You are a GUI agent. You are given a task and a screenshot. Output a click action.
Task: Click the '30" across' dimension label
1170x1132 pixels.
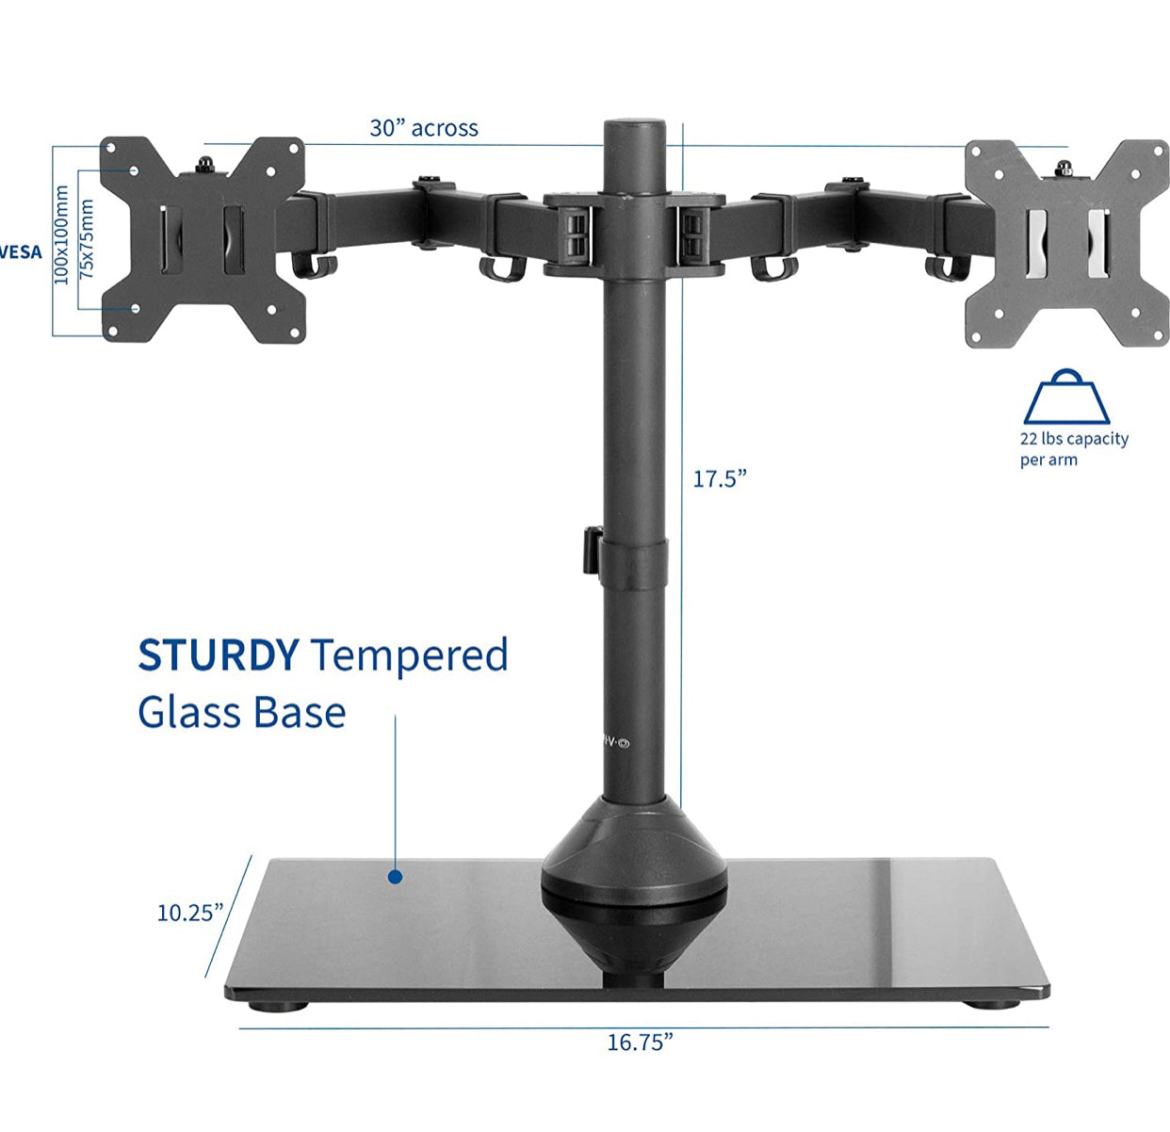tap(424, 128)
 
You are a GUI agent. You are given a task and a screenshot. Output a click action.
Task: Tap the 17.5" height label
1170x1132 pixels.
tap(720, 478)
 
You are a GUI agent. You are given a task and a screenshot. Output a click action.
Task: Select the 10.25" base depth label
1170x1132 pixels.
tap(189, 913)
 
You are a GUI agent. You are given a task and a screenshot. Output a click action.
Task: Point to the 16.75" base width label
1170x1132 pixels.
tap(640, 1043)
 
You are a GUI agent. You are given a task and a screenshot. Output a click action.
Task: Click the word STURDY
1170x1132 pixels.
tap(218, 655)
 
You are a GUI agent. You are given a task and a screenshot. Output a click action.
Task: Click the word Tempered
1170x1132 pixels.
tap(410, 655)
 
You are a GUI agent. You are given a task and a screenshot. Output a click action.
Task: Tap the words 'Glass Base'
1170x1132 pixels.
tap(242, 713)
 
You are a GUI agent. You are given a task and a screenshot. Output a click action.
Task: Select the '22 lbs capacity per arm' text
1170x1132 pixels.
tap(1073, 449)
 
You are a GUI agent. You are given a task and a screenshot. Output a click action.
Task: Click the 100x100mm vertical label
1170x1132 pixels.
tap(62, 234)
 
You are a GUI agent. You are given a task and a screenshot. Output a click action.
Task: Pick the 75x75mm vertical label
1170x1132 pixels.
tap(87, 237)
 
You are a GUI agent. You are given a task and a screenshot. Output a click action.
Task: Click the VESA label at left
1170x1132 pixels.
tap(21, 252)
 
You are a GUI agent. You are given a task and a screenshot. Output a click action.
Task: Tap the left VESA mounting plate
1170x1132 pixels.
tap(203, 239)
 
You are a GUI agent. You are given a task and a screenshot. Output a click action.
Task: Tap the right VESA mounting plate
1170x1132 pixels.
tap(1067, 244)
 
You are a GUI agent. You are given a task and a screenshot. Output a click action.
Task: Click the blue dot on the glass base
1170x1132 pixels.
tap(396, 877)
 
